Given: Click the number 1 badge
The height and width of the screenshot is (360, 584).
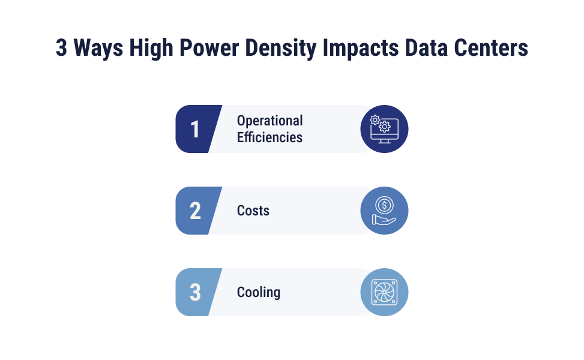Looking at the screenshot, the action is click(x=195, y=129).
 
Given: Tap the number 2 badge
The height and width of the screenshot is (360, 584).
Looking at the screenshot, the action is click(x=195, y=211).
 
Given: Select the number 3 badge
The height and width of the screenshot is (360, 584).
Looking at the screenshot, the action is click(x=195, y=292).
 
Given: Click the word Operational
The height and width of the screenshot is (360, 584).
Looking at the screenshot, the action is click(x=269, y=121).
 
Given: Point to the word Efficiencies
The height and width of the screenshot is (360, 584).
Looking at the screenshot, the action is click(x=269, y=137).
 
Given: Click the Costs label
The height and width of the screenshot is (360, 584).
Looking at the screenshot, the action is click(x=253, y=211).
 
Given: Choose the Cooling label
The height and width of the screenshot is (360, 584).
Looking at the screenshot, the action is click(x=259, y=292).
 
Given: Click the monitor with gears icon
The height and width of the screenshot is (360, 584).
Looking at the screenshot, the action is click(x=384, y=129).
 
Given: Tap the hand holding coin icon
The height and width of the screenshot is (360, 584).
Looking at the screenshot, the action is click(x=384, y=211).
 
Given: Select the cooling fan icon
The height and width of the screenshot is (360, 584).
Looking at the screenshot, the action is click(x=384, y=292).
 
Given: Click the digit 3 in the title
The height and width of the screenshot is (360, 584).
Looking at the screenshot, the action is click(x=61, y=48).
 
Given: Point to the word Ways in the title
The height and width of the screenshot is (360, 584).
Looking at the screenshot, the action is click(x=98, y=49).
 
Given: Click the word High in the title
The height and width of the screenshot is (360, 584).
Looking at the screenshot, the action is click(x=151, y=49).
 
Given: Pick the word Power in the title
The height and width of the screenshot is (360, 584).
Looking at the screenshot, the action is click(x=209, y=48).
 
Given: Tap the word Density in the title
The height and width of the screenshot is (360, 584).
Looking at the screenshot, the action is click(x=281, y=49).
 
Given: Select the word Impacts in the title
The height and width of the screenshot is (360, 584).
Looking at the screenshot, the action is click(x=361, y=49).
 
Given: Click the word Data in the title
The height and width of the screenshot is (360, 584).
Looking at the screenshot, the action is click(x=426, y=48).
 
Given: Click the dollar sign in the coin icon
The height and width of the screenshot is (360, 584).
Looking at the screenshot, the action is click(x=384, y=205).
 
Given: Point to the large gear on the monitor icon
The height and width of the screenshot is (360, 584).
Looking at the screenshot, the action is click(x=384, y=127).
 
